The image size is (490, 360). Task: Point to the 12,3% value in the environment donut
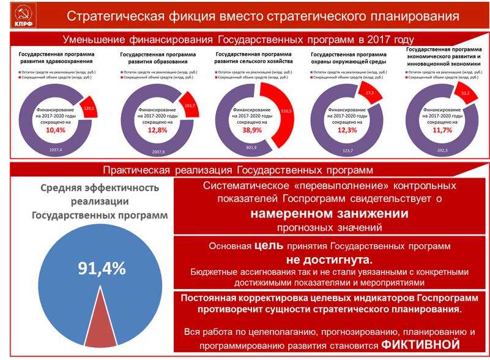tap(346, 130)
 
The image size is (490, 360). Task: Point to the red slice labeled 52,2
tap(465, 93)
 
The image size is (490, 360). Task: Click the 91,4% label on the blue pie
tap(101, 268)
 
